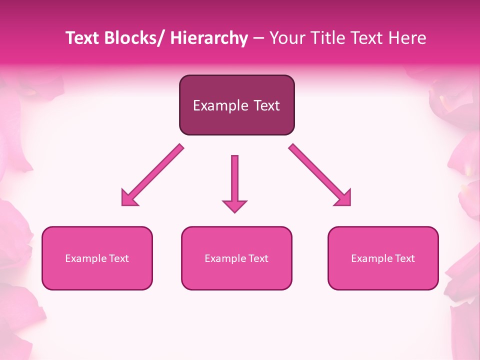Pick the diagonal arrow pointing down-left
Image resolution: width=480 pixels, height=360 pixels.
[x=152, y=175]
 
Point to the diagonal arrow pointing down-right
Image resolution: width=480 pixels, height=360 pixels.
[x=320, y=175]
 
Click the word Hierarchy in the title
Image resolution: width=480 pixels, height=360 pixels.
[x=209, y=38]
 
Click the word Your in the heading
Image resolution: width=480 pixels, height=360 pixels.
[x=284, y=38]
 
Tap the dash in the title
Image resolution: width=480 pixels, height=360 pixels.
[x=258, y=38]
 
